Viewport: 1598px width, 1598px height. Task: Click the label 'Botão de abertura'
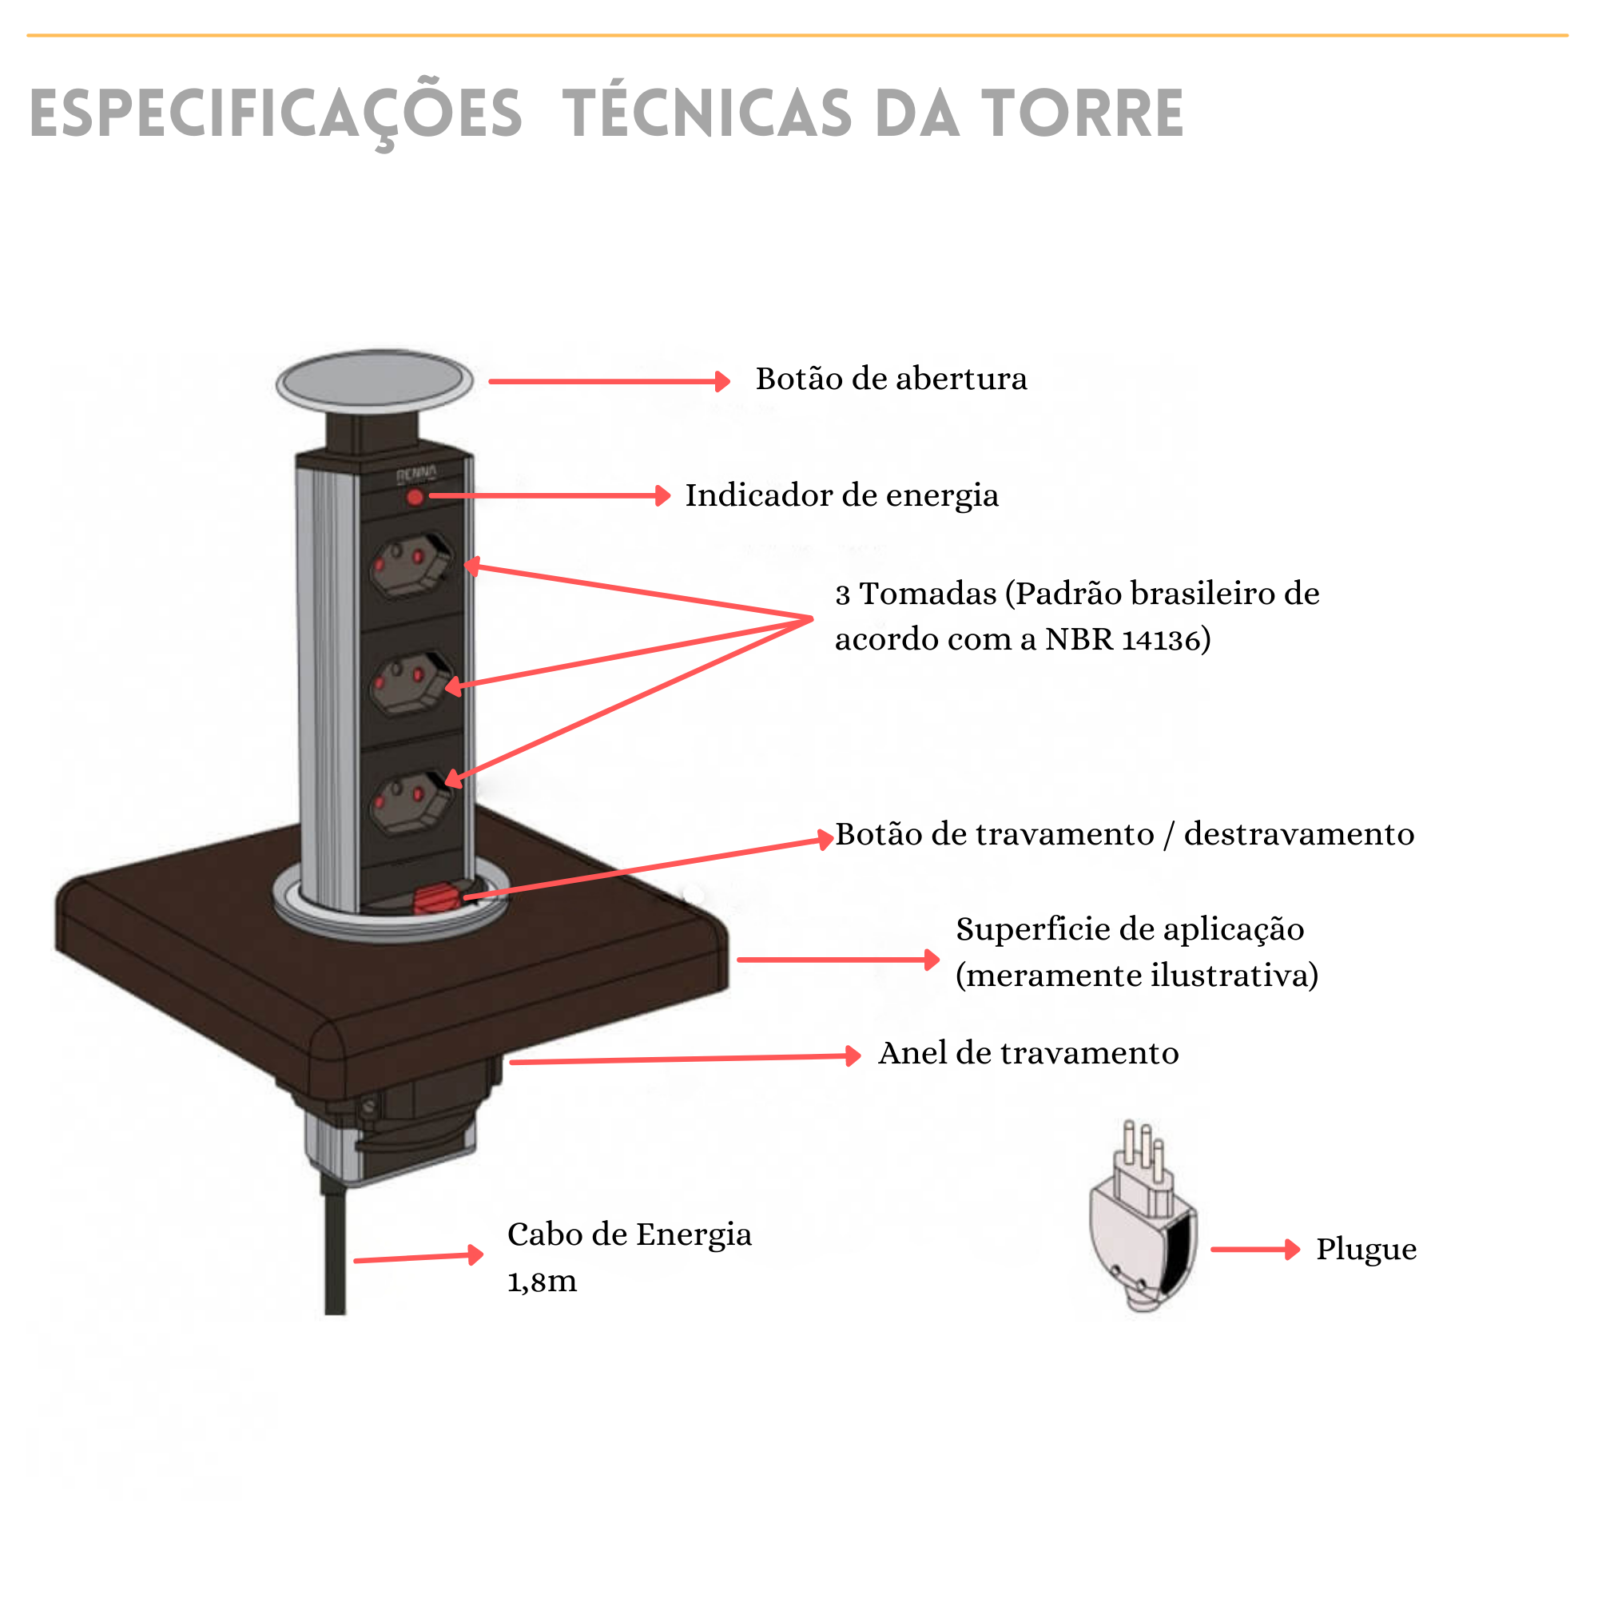coord(891,379)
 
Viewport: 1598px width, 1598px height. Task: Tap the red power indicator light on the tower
coord(415,497)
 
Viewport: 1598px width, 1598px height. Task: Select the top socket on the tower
coord(411,565)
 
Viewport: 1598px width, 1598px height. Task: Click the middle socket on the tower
coord(411,683)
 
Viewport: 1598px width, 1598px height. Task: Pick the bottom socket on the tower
coord(411,801)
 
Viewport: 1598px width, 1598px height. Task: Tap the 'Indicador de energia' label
coord(841,495)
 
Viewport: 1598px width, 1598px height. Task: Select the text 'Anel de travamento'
coord(1028,1053)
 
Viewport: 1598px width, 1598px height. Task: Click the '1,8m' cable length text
coord(542,1282)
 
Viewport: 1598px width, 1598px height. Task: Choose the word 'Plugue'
coord(1365,1249)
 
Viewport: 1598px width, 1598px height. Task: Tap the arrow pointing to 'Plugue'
coord(1254,1249)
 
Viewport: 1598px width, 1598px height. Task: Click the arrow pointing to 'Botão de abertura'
coord(609,381)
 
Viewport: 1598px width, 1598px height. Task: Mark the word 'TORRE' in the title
coord(1083,113)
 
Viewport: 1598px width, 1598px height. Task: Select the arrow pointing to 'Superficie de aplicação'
coord(837,960)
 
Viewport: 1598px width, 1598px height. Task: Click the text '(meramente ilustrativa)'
coord(1136,976)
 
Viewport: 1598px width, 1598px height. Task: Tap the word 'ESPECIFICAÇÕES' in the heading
coord(276,113)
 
